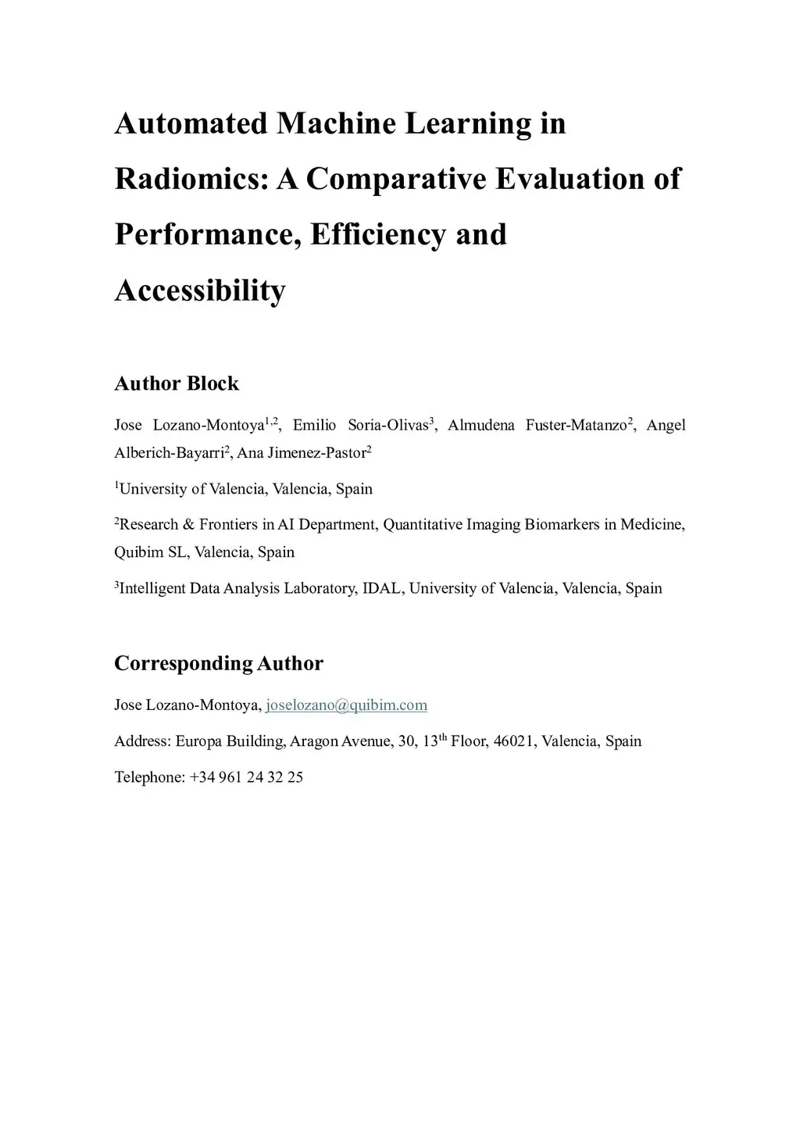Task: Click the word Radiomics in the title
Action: pos(191,179)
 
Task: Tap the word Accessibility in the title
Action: pos(200,290)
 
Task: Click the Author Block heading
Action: pos(177,384)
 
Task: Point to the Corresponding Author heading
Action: pos(219,663)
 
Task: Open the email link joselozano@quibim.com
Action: pos(346,705)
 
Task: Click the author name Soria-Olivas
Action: pos(387,426)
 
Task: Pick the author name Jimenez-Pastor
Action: pos(323,453)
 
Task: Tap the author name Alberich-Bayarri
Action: pos(168,453)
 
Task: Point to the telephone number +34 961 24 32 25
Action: pos(246,777)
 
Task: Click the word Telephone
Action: pos(148,777)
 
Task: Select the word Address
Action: pos(141,741)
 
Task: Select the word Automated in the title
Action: pos(191,123)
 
